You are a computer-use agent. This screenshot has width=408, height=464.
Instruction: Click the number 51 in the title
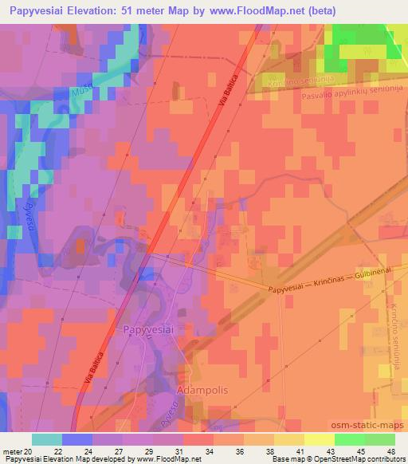pyautogui.click(x=121, y=11)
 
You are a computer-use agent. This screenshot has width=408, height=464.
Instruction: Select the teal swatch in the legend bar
pyautogui.click(x=46, y=439)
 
